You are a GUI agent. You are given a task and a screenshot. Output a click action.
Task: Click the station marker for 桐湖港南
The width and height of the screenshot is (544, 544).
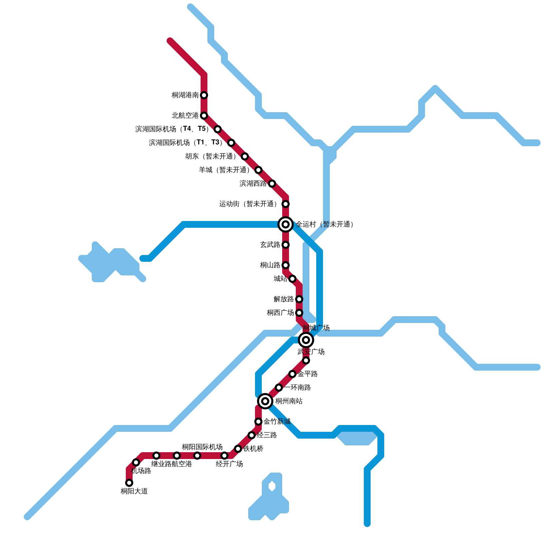tap(204, 95)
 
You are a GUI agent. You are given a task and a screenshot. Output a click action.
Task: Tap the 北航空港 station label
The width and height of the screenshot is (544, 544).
tap(185, 116)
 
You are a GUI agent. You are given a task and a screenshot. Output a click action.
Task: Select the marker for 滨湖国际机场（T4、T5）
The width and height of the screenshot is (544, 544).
tap(218, 129)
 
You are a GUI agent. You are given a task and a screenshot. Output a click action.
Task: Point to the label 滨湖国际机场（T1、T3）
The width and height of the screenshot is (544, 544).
tap(186, 143)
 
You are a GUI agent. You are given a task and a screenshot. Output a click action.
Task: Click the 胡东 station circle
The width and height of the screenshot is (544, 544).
tap(245, 156)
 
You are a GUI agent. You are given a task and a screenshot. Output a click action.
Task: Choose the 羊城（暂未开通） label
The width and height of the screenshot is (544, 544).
tap(224, 170)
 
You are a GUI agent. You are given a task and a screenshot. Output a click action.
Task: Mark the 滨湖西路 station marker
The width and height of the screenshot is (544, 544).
tap(272, 184)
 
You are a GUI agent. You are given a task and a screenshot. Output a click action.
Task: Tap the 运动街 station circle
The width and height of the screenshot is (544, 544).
tap(286, 204)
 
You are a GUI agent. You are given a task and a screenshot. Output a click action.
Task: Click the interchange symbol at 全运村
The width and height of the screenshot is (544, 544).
tap(286, 224)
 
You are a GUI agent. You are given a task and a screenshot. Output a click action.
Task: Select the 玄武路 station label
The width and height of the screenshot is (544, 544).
tap(270, 245)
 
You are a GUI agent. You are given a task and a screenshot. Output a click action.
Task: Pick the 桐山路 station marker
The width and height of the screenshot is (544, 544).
tap(286, 265)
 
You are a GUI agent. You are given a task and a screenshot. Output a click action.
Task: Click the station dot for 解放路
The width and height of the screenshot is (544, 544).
tap(299, 299)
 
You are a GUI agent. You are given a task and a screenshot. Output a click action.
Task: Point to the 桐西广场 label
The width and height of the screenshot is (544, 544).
tap(280, 313)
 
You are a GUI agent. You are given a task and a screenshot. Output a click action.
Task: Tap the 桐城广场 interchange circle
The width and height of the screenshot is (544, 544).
tap(306, 340)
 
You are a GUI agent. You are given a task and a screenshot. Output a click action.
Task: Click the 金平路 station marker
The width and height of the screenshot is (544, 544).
tap(292, 374)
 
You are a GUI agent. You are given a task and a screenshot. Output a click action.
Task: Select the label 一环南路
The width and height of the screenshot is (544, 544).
tap(297, 388)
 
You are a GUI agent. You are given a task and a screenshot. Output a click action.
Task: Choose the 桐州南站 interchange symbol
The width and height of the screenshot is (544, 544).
tap(265, 401)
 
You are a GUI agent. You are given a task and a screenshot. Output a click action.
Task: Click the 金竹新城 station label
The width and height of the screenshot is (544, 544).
tap(277, 422)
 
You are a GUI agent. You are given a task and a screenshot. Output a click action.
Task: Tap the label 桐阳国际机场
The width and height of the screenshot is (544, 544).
tap(202, 447)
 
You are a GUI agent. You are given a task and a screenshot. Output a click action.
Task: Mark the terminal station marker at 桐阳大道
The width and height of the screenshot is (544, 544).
tap(129, 483)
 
